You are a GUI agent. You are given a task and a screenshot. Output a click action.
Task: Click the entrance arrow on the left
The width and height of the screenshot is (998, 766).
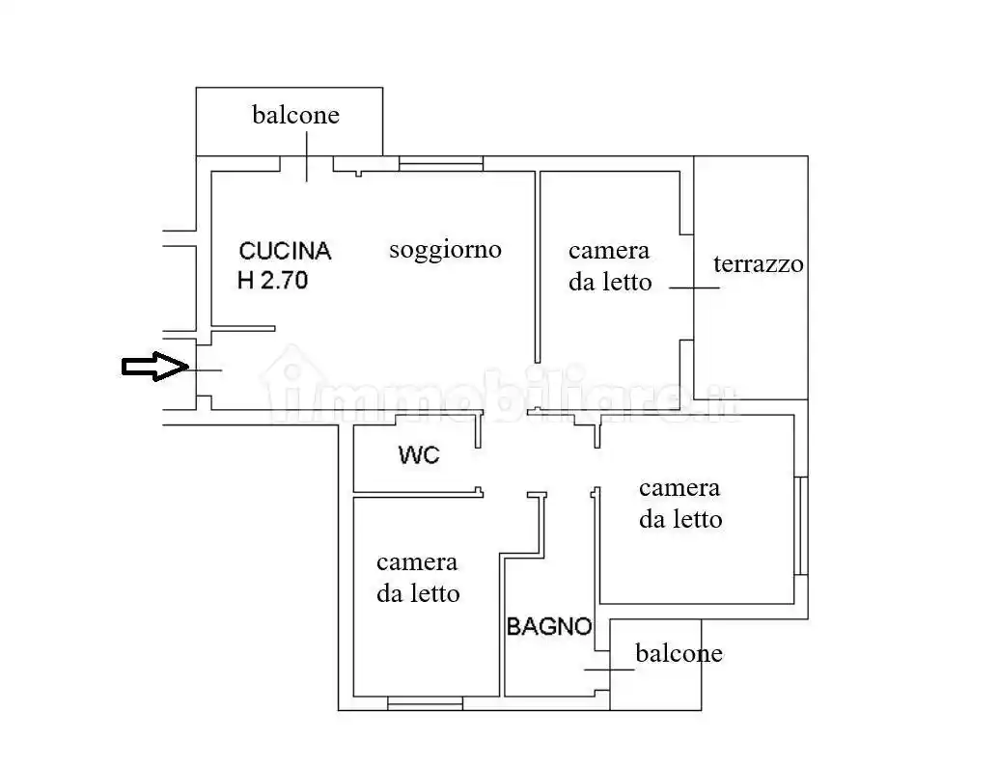click(153, 367)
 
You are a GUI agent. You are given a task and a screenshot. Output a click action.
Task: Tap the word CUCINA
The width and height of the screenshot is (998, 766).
click(285, 252)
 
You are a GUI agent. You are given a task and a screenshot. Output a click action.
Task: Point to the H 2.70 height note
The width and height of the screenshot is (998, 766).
click(272, 282)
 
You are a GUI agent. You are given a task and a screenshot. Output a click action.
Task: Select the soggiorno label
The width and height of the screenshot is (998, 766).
click(445, 250)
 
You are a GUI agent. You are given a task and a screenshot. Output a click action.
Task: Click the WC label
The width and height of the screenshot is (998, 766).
click(419, 454)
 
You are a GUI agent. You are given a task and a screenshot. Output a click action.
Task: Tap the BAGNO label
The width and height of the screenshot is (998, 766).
click(549, 626)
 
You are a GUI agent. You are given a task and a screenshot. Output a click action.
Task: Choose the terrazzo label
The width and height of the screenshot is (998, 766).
click(758, 264)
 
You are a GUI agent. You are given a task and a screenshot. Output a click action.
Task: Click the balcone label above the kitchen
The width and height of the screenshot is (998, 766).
click(295, 116)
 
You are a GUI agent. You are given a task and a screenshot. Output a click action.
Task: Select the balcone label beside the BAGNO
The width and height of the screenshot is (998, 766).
click(679, 654)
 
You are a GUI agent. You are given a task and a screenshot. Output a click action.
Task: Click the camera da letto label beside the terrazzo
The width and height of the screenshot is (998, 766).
click(609, 266)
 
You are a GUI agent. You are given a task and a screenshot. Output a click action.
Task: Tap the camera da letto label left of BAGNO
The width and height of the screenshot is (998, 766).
click(417, 578)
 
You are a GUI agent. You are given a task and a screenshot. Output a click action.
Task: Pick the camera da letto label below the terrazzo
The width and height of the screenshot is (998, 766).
click(679, 504)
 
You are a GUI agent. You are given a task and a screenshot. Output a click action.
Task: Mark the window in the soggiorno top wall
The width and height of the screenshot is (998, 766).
click(441, 165)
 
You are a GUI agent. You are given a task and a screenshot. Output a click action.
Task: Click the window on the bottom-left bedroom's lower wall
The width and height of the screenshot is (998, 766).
click(425, 704)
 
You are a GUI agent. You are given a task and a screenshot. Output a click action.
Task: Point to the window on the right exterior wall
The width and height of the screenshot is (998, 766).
click(801, 525)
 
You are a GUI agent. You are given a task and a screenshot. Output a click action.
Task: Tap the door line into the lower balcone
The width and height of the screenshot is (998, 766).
click(603, 669)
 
